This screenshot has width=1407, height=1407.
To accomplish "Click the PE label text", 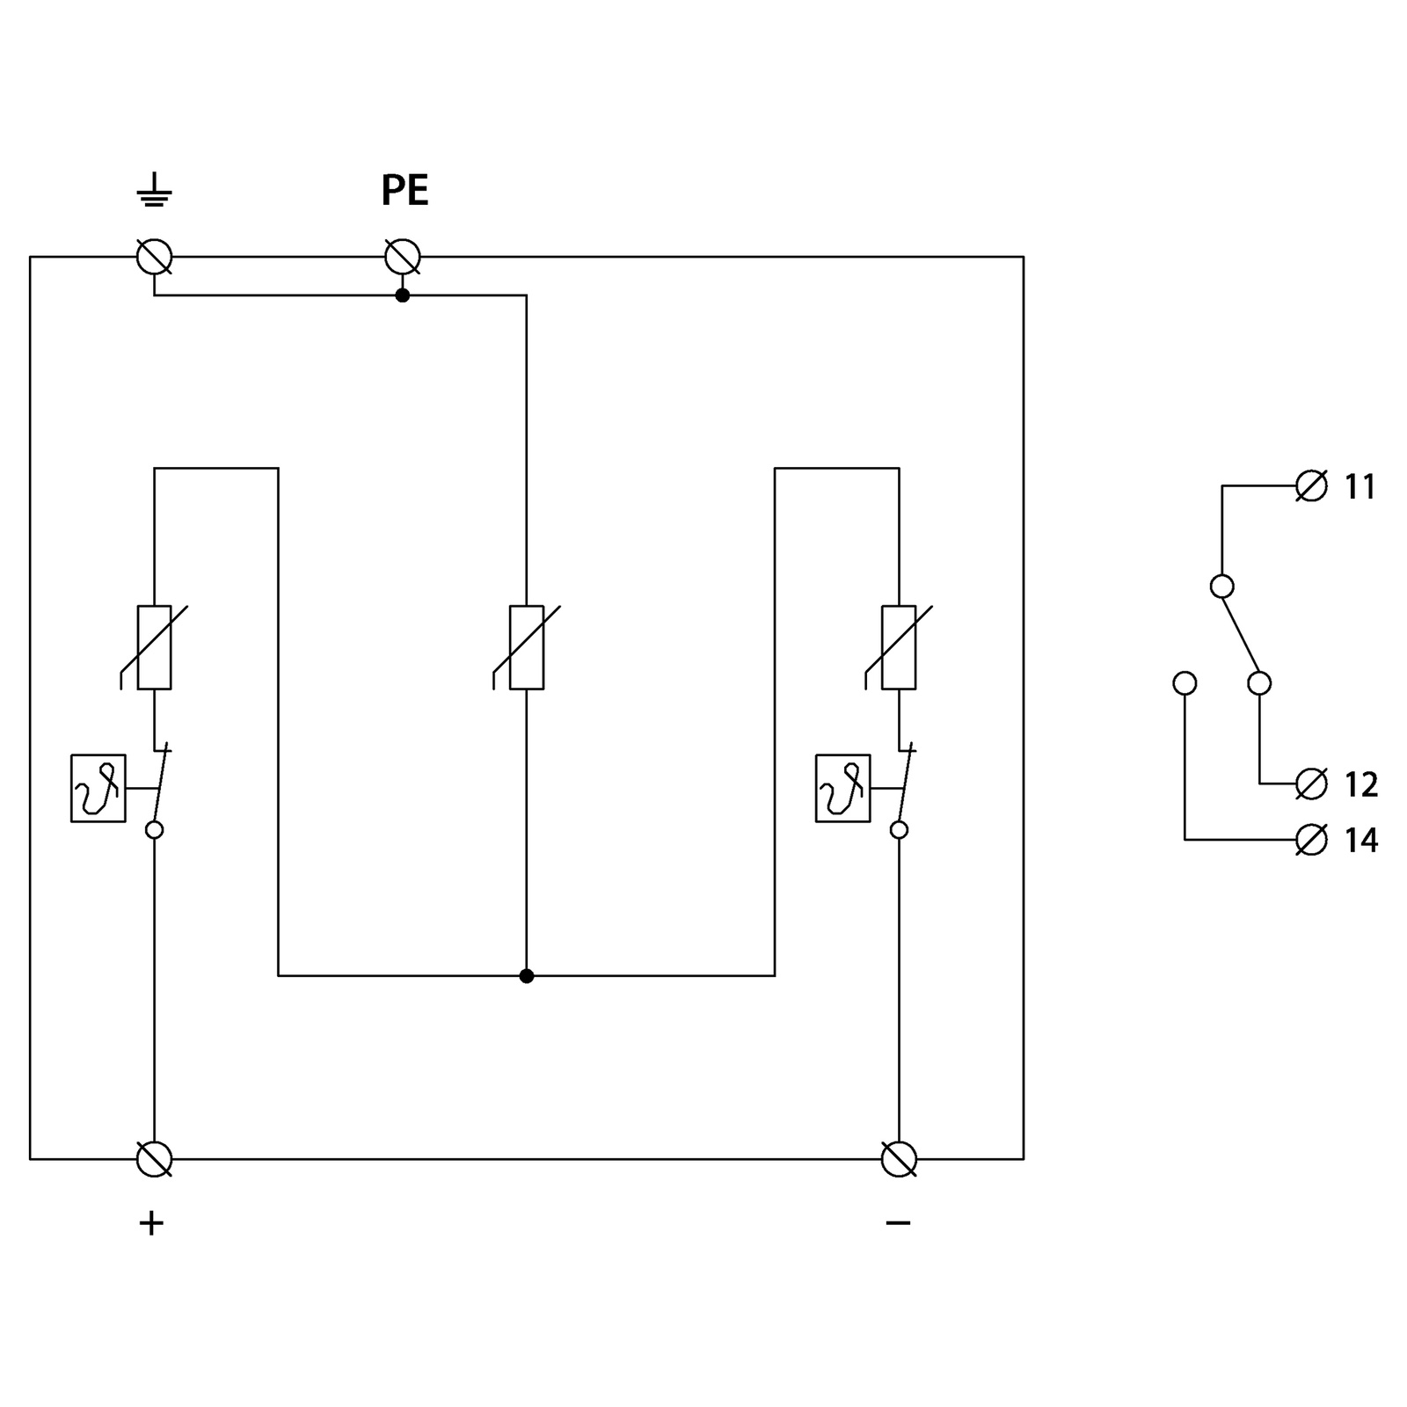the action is click(x=405, y=190).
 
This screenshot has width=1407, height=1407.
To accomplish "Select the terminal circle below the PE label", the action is click(x=403, y=258).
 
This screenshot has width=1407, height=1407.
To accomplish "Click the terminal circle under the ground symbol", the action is click(x=155, y=258).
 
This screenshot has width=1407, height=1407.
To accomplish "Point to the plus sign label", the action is click(x=151, y=1223).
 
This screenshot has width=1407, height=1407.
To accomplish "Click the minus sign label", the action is click(x=898, y=1222).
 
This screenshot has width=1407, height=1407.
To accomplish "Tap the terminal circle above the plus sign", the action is click(x=155, y=1159).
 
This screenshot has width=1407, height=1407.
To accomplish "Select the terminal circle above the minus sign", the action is click(x=899, y=1159).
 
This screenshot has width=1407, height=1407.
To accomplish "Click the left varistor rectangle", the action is click(x=155, y=647).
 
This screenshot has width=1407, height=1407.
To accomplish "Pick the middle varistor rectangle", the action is click(x=527, y=647).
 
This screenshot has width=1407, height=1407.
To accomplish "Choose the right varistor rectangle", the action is click(x=899, y=647).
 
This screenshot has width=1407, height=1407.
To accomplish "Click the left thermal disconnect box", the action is click(x=98, y=789).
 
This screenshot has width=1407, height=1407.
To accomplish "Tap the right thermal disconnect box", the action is click(x=843, y=789).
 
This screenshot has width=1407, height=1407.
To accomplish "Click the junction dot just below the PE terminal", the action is click(x=403, y=295).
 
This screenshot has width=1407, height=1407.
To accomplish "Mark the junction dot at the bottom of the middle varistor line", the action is click(x=527, y=976).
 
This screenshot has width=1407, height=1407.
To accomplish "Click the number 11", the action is click(x=1360, y=487).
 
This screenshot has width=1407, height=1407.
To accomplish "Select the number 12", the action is click(x=1360, y=784).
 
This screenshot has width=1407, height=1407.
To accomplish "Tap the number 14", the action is click(x=1360, y=841).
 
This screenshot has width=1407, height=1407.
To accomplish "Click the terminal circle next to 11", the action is click(x=1312, y=485).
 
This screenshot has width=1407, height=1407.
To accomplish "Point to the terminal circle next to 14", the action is click(x=1312, y=840).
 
